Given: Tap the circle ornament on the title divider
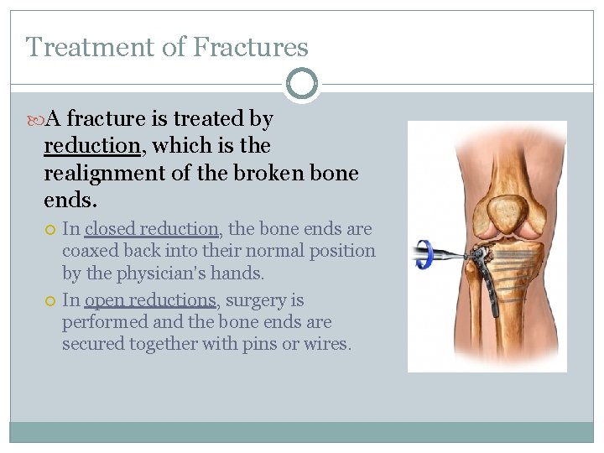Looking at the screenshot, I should coord(301,84).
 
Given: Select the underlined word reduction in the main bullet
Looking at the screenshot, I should coord(92,146).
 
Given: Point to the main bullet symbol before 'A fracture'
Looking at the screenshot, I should coord(34,119).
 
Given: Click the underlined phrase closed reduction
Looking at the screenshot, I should coord(151,229).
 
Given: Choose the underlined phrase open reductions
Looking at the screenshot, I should coord(151,300).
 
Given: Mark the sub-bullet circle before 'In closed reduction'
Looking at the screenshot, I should coord(50,229).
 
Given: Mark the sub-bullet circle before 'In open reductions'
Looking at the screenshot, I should coord(50,300).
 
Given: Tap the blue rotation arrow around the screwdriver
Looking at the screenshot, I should coord(424,253).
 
